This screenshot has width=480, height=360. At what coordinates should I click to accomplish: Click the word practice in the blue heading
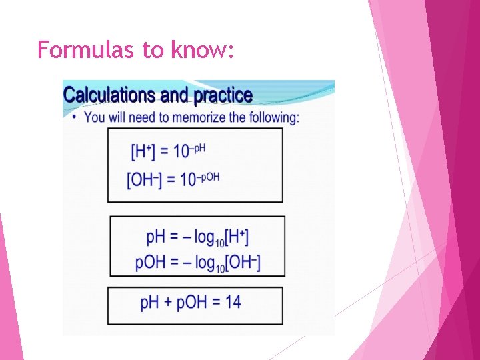[x=223, y=95]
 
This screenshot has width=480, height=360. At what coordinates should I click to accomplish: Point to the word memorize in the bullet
[x=199, y=117]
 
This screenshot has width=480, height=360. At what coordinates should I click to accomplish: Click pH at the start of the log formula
[x=156, y=237]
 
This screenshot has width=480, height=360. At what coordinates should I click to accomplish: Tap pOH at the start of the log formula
[x=150, y=262]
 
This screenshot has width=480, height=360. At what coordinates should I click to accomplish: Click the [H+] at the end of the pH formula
[x=239, y=237]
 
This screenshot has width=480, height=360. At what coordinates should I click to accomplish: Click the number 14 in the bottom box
[x=233, y=302]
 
